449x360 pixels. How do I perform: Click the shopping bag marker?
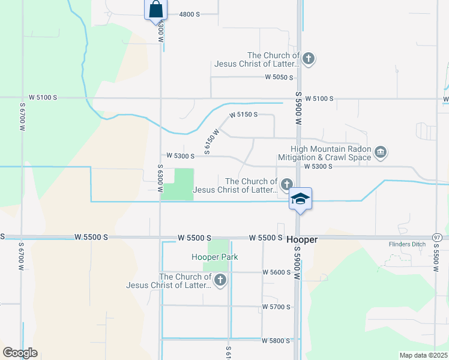tap(155, 10)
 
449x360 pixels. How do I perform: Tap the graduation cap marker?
tap(300, 199)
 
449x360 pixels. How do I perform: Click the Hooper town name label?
tap(301, 239)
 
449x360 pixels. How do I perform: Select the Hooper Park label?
tap(215, 257)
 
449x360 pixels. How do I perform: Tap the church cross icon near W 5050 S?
tap(309, 59)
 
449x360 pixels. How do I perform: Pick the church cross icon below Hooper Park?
tap(220, 280)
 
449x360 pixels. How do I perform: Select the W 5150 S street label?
tap(243, 114)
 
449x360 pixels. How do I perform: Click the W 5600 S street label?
tap(276, 272)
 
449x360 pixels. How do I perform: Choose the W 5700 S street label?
tap(276, 307)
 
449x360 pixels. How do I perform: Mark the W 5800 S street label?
tap(276, 340)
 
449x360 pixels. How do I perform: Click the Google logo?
tap(20, 353)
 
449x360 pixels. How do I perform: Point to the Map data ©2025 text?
tap(423, 355)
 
